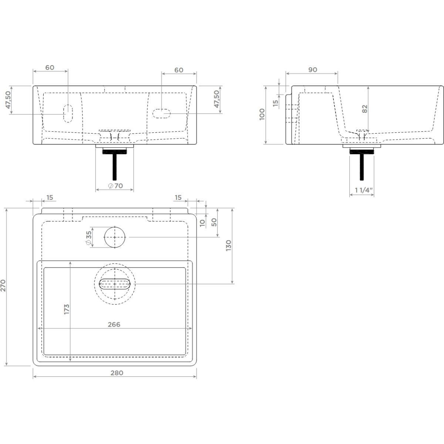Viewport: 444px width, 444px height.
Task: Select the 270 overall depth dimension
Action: tap(3, 286)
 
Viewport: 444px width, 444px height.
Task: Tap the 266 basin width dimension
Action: tap(114, 324)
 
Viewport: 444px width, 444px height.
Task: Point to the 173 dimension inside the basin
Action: tap(67, 309)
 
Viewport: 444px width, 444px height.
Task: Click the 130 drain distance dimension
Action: tap(228, 245)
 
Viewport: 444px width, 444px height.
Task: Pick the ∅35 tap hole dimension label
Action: tap(89, 238)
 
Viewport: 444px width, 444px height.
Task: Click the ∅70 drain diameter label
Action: tap(116, 186)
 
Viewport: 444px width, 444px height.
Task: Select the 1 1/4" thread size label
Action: tap(364, 190)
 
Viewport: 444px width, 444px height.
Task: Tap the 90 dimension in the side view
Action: tap(313, 70)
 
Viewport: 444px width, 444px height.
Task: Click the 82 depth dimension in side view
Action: tap(364, 109)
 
